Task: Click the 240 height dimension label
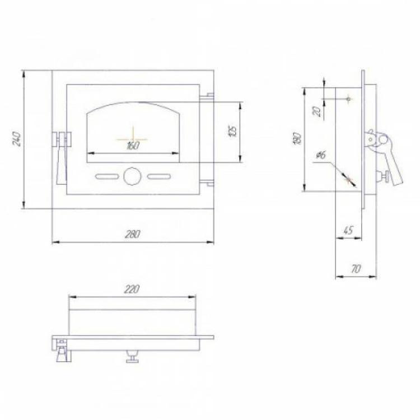(17, 138)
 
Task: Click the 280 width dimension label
(133, 234)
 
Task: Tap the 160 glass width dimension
(133, 146)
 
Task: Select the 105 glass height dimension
(233, 132)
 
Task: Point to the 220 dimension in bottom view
(132, 290)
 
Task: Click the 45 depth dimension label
(348, 230)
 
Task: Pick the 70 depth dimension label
(356, 269)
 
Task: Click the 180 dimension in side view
(298, 138)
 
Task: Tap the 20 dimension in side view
(317, 111)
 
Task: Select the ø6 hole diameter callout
(321, 155)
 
